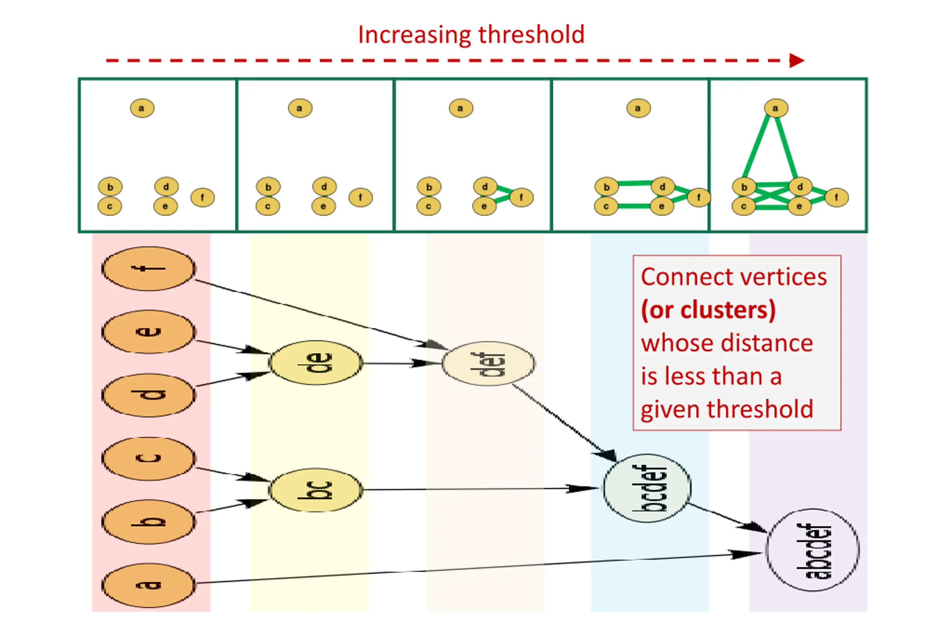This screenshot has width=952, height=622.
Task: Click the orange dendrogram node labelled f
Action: (x=149, y=269)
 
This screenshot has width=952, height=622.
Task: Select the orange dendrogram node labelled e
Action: (x=149, y=332)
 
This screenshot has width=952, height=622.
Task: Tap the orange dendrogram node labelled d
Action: (x=149, y=395)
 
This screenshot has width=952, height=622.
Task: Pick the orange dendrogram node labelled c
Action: (x=149, y=458)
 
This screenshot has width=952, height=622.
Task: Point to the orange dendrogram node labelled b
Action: (x=149, y=522)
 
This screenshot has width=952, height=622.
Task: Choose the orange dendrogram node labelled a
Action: (x=149, y=585)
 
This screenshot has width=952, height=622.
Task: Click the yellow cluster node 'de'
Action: (x=316, y=363)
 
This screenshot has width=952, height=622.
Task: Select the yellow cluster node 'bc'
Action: (x=316, y=490)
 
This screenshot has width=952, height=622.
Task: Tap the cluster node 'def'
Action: (x=488, y=364)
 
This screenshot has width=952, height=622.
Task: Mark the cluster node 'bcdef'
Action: (x=647, y=488)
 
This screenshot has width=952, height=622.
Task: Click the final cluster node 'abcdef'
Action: (x=813, y=550)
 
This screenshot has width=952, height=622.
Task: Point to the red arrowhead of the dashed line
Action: (x=797, y=61)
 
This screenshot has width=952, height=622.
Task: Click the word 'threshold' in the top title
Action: (x=532, y=35)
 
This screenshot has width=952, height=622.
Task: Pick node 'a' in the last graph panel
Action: (x=776, y=108)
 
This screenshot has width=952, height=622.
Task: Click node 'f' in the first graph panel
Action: (x=202, y=197)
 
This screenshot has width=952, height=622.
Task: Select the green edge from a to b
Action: (x=756, y=147)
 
